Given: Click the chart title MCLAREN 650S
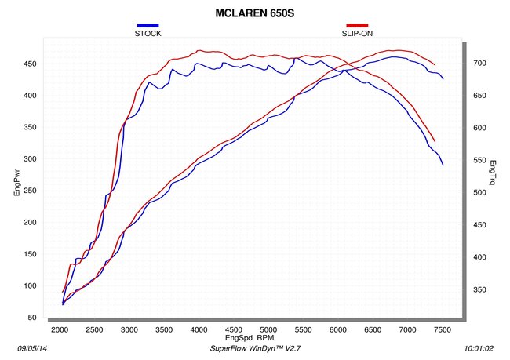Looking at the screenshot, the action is (255, 13).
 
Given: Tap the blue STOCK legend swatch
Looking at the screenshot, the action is (148, 25).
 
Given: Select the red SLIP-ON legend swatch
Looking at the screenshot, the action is (357, 25).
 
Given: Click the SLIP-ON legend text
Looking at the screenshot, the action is (357, 34).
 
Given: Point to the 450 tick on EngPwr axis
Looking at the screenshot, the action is (30, 64).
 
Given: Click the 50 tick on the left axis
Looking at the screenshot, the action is (32, 318).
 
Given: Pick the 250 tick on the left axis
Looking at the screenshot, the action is (30, 191).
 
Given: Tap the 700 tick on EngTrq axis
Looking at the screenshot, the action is (479, 63).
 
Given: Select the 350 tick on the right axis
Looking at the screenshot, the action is (479, 289).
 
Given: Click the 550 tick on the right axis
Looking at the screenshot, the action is (479, 160).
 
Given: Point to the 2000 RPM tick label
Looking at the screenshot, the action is (60, 329).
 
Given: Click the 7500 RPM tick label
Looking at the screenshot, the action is (443, 329).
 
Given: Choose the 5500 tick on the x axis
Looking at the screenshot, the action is (303, 329).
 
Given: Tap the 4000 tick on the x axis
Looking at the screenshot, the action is (199, 329).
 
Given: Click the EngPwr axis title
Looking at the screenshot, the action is (17, 183).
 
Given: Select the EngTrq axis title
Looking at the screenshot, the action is (493, 173).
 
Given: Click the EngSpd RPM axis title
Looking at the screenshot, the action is (250, 337).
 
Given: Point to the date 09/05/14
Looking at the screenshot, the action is (32, 348).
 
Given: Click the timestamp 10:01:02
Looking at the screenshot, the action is (479, 348).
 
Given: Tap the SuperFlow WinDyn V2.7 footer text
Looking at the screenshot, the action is (255, 348).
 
